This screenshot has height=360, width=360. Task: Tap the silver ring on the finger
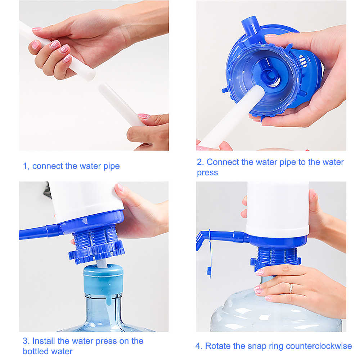tap(291, 288)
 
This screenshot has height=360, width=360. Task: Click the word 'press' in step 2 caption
tap(207, 173)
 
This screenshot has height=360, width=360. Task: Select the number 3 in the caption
tap(25, 341)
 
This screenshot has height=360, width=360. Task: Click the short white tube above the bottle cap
tap(102, 264)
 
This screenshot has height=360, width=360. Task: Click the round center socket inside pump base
tap(269, 76)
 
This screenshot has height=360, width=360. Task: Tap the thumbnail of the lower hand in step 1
tap(144, 116)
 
